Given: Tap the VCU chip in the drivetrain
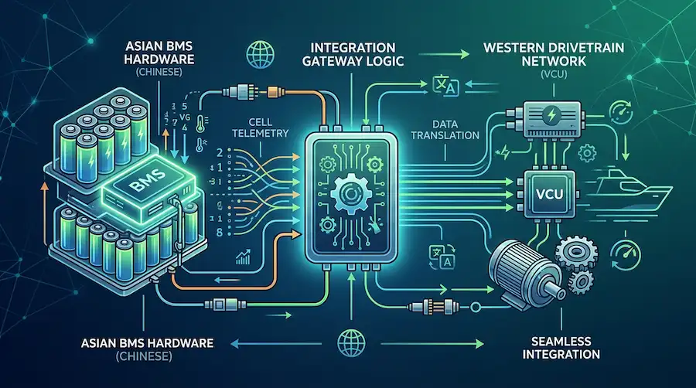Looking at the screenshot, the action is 550,194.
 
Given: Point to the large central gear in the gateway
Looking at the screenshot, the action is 349,194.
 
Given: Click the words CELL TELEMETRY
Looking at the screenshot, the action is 261,128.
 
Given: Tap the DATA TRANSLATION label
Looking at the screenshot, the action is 445,130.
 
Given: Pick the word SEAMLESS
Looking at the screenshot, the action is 561,341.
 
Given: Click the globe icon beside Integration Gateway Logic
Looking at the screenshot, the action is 260,54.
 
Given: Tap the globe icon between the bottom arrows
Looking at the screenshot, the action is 351,342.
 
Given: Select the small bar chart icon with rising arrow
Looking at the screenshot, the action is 244,257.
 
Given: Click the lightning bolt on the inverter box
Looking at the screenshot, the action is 551,116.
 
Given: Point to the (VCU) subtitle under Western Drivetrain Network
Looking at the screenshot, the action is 554,74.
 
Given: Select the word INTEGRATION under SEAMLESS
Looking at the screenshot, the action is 561,354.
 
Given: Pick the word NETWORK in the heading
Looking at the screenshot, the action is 554,61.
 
